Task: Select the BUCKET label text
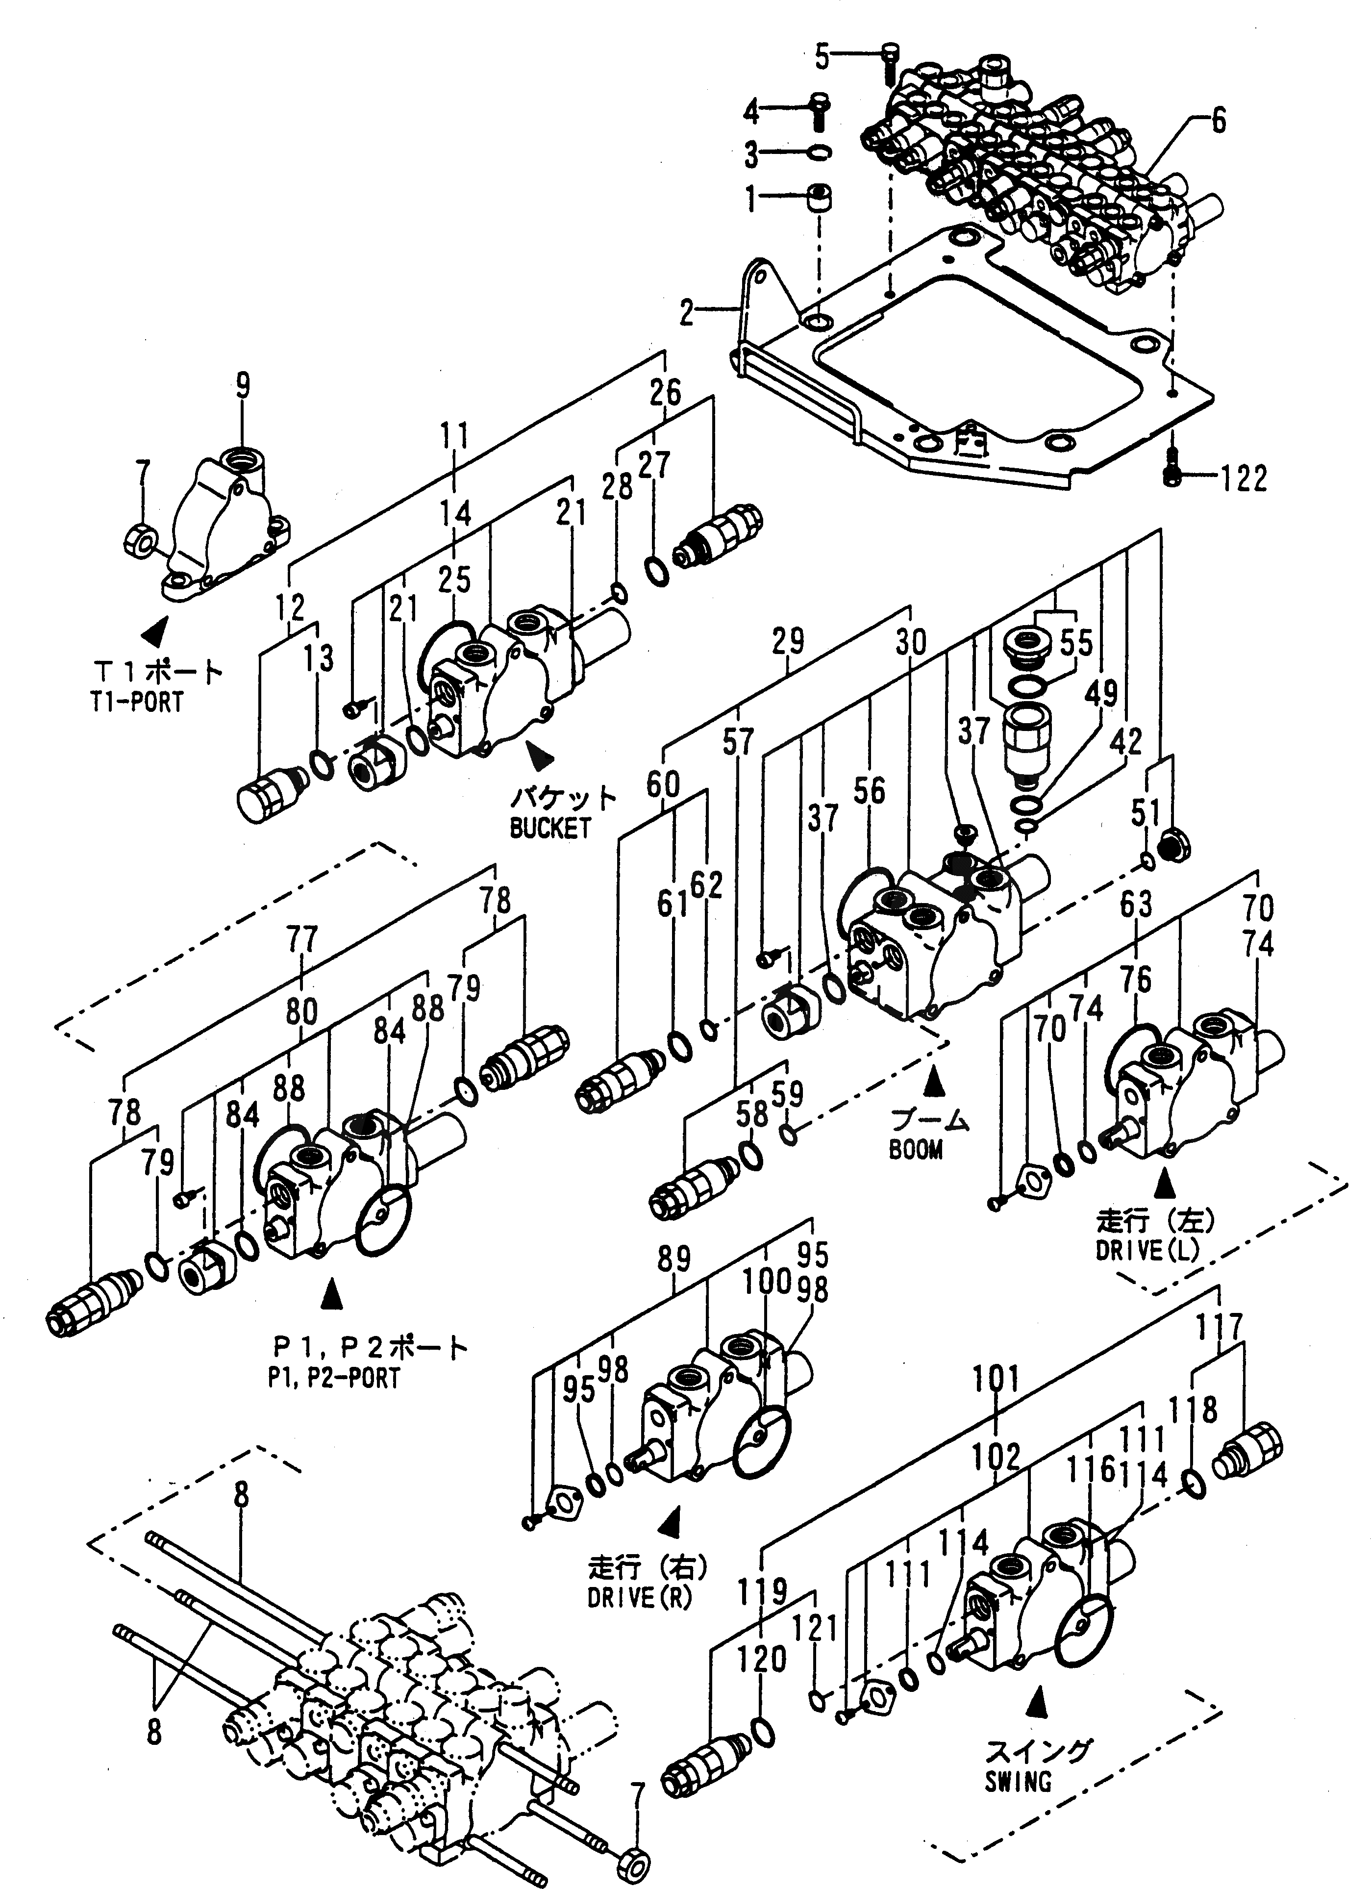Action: (x=550, y=828)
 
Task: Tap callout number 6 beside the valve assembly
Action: (x=1218, y=122)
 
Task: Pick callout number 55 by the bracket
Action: (x=1076, y=644)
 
